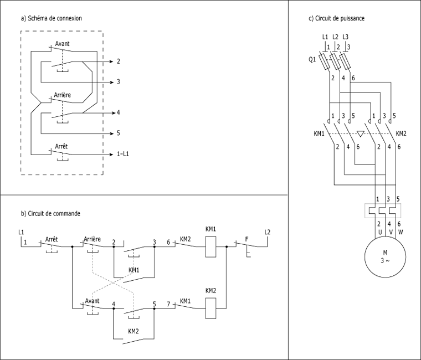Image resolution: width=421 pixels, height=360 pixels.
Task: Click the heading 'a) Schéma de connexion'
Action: click(x=52, y=18)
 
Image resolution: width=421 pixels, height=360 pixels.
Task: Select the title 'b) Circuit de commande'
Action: click(x=50, y=214)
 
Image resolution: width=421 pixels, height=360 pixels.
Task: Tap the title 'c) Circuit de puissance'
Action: click(x=337, y=18)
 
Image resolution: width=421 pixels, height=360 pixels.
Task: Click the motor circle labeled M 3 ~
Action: click(x=385, y=257)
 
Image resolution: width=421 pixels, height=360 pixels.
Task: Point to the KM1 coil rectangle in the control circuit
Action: click(x=210, y=247)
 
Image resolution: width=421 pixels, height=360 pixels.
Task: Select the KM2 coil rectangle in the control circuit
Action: click(x=210, y=308)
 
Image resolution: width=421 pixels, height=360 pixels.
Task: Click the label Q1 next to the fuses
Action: click(x=312, y=60)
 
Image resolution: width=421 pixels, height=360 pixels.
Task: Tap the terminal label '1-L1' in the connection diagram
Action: click(x=123, y=154)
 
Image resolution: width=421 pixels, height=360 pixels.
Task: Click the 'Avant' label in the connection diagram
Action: click(x=62, y=44)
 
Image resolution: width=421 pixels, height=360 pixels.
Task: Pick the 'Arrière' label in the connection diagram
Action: click(x=62, y=95)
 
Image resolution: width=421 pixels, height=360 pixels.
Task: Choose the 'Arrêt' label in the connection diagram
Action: click(x=61, y=146)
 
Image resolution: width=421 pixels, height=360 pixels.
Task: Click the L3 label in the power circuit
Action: click(x=345, y=37)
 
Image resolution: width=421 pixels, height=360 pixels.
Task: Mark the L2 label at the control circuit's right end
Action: click(x=268, y=232)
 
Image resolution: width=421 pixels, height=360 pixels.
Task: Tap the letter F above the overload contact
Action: click(x=247, y=239)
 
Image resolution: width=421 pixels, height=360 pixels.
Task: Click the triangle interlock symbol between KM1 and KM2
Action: click(x=360, y=133)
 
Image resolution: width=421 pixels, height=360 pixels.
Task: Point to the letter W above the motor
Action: click(x=401, y=232)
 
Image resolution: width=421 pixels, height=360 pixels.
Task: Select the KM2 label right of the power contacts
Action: click(x=401, y=133)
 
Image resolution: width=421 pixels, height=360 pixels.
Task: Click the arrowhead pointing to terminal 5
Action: click(x=112, y=133)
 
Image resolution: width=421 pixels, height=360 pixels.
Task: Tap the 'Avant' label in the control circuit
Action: click(x=92, y=301)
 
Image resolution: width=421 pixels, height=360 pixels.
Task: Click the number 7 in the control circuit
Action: click(x=168, y=304)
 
